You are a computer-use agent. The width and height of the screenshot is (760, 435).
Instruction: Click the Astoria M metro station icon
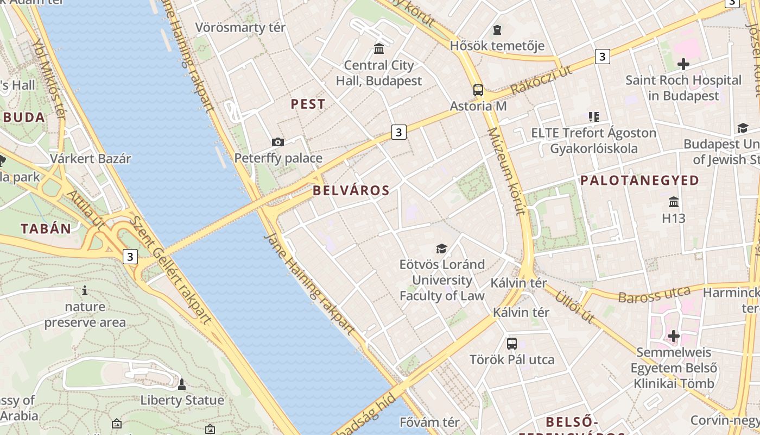[478, 90]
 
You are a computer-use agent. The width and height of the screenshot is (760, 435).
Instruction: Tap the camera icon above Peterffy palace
[278, 142]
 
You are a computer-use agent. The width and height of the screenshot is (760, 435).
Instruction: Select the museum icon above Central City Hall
[379, 49]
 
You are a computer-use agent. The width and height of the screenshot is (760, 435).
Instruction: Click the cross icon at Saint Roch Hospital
[683, 64]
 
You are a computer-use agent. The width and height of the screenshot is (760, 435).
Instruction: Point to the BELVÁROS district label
[351, 190]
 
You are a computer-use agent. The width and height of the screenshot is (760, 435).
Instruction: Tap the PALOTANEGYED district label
[639, 181]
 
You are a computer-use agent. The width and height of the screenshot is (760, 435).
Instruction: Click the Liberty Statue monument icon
[182, 384]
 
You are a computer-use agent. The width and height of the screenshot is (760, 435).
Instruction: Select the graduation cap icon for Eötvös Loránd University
[442, 248]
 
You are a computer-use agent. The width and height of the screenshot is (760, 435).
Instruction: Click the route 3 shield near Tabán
[130, 256]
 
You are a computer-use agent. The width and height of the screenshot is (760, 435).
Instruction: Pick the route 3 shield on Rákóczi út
[601, 56]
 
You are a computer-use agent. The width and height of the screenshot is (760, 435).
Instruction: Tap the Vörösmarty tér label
[240, 27]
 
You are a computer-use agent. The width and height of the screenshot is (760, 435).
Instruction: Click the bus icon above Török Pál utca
[511, 343]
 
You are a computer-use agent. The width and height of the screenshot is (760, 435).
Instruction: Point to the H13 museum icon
[674, 202]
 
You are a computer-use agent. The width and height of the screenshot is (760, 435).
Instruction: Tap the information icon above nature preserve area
[84, 290]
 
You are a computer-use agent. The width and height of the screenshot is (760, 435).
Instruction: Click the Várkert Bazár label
[91, 159]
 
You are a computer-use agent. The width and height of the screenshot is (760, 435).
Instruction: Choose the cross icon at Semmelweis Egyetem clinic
[674, 336]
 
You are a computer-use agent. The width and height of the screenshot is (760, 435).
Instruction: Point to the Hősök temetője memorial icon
[497, 30]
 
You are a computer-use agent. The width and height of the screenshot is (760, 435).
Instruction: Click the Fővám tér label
[429, 422]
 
